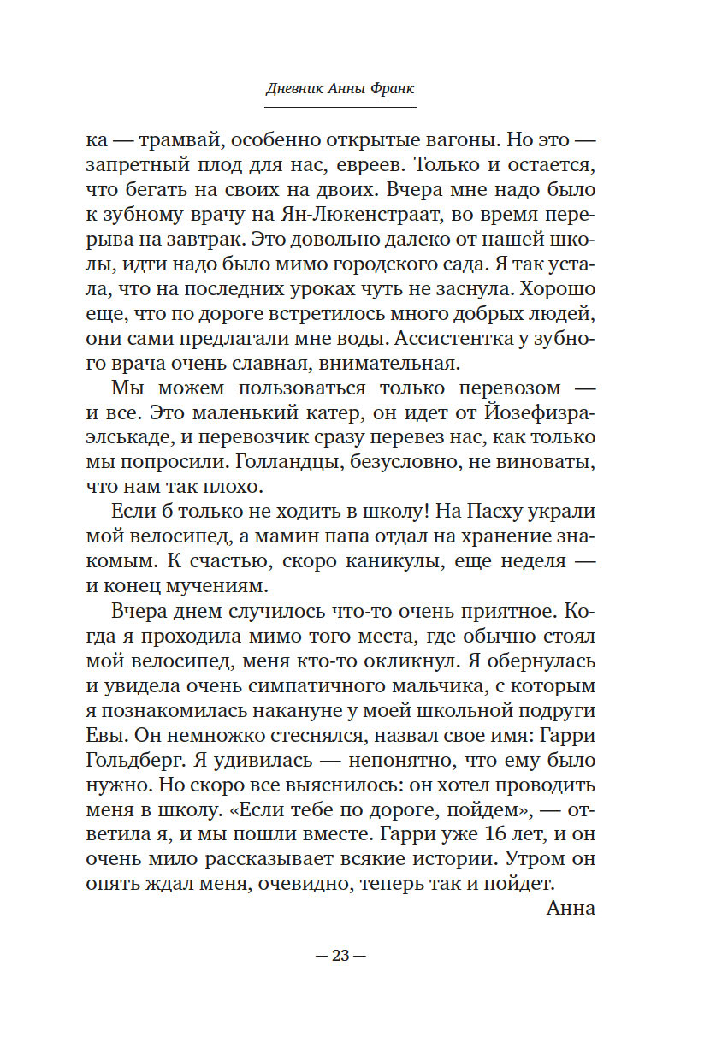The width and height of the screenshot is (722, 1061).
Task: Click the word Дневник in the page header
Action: pyautogui.click(x=294, y=90)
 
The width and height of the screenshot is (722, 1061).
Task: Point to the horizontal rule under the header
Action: pyautogui.click(x=340, y=107)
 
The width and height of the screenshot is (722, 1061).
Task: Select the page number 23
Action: pyautogui.click(x=340, y=956)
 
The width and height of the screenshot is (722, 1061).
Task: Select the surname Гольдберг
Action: pyautogui.click(x=131, y=762)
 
